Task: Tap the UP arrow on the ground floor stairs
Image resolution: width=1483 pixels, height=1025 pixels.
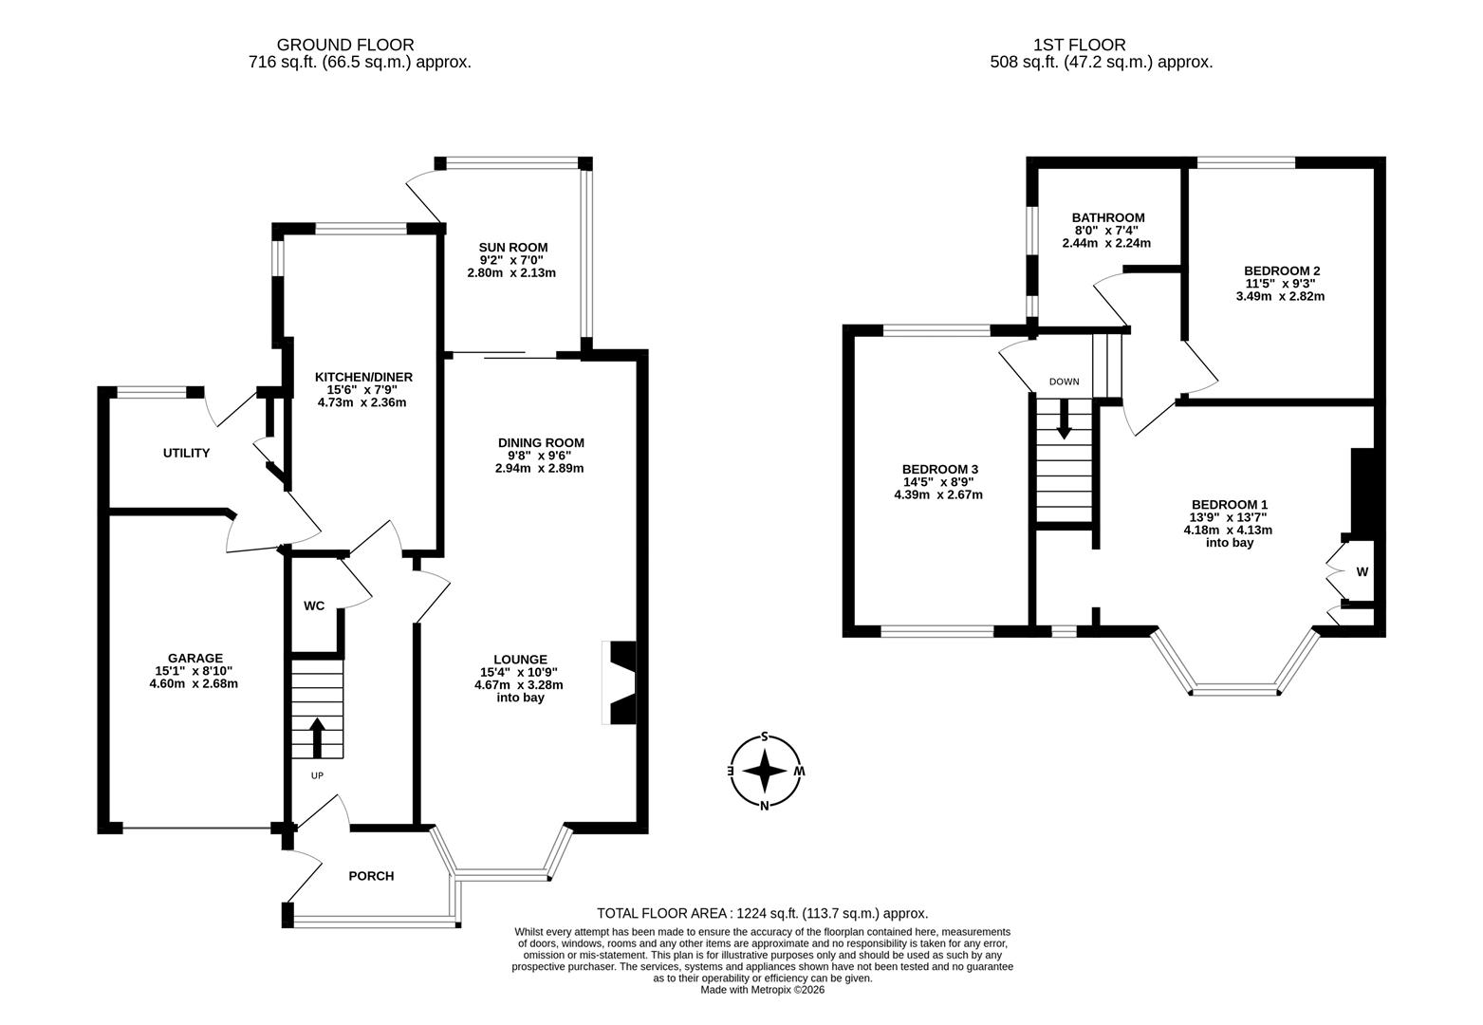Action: pyautogui.click(x=317, y=738)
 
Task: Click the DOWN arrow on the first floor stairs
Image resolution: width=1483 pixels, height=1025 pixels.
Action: pyautogui.click(x=1064, y=419)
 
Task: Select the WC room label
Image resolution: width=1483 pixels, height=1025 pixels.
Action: pyautogui.click(x=314, y=606)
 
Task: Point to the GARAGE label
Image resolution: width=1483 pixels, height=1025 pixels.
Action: pyautogui.click(x=195, y=658)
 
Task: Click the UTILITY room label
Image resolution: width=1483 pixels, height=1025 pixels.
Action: pyautogui.click(x=186, y=454)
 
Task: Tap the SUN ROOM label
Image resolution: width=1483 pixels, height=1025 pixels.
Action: pyautogui.click(x=512, y=248)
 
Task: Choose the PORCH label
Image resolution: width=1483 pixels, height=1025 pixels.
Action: pyautogui.click(x=371, y=876)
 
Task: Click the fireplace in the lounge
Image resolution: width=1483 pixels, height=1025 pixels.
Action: pyautogui.click(x=621, y=683)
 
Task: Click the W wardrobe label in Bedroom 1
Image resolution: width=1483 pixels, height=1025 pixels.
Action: pyautogui.click(x=1362, y=572)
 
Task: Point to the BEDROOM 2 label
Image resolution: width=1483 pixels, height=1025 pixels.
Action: pyautogui.click(x=1282, y=270)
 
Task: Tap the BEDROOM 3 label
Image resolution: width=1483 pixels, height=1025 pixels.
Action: pyautogui.click(x=939, y=470)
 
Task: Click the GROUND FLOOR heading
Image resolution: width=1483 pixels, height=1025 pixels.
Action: pyautogui.click(x=344, y=45)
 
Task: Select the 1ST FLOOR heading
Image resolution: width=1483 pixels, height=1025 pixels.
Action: pyautogui.click(x=1080, y=45)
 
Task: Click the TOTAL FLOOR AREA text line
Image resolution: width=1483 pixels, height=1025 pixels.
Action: pyautogui.click(x=762, y=913)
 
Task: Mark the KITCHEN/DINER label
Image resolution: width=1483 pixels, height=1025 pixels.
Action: pyautogui.click(x=363, y=377)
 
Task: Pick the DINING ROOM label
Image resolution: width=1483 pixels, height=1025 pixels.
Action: pyautogui.click(x=541, y=443)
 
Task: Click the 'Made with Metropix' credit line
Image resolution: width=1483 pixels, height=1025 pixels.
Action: pyautogui.click(x=762, y=990)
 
